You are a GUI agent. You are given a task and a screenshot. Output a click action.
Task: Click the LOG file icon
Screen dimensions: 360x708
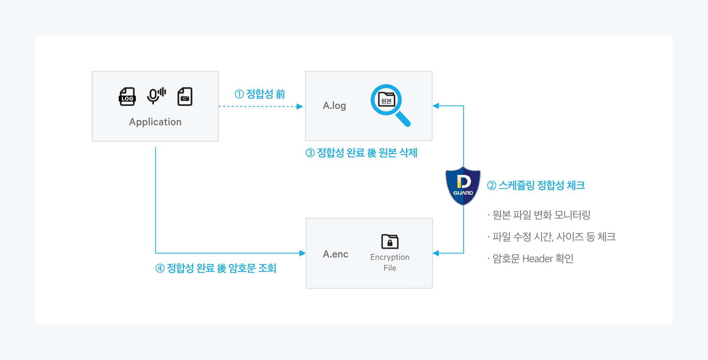click(127, 96)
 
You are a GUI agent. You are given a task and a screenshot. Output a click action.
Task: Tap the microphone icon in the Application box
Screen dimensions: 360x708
click(156, 96)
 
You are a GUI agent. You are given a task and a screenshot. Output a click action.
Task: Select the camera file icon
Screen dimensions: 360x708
click(185, 96)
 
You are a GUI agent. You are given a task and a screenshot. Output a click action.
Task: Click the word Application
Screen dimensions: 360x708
click(155, 122)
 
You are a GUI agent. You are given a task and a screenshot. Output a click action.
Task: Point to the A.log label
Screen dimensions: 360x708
click(334, 106)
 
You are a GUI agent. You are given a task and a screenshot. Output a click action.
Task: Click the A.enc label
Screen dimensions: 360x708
click(335, 254)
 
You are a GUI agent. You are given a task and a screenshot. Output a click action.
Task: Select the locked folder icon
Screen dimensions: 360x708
click(390, 241)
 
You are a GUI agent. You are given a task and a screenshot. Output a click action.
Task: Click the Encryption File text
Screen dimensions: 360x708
click(390, 262)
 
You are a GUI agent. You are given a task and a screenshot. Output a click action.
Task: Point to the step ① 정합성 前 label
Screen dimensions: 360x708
click(260, 94)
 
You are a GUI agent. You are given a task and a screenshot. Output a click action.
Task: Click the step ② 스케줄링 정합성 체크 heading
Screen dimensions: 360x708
click(536, 185)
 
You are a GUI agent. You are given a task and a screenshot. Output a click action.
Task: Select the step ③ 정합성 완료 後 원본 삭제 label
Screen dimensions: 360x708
click(361, 153)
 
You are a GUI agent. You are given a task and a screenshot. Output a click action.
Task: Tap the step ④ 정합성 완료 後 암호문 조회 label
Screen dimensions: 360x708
click(216, 268)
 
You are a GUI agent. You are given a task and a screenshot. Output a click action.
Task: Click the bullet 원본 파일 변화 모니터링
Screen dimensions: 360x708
click(539, 215)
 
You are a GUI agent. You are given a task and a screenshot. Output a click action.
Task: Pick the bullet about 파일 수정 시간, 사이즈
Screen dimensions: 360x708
click(552, 237)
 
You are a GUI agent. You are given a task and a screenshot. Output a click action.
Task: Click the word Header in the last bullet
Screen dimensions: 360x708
click(537, 259)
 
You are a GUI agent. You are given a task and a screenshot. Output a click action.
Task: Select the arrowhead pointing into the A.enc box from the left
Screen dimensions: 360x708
click(302, 253)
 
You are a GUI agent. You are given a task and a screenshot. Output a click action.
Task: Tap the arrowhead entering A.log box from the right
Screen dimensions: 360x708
click(436, 106)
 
